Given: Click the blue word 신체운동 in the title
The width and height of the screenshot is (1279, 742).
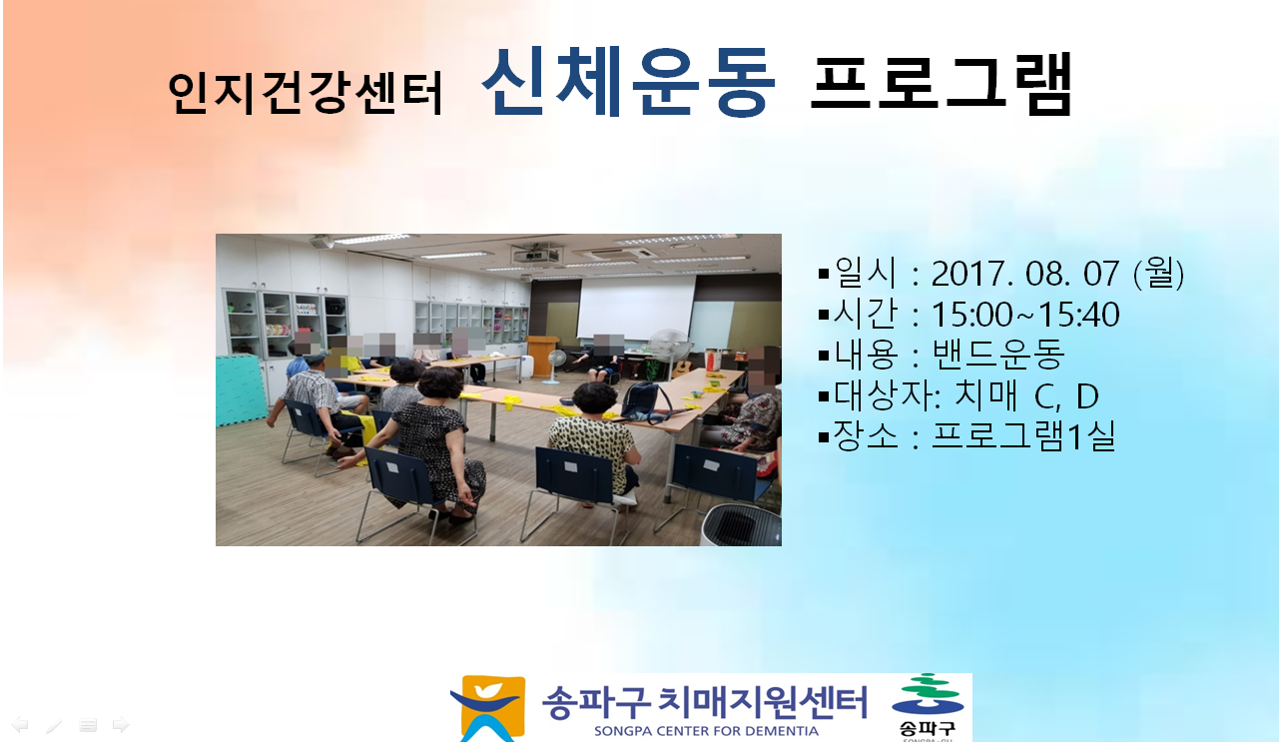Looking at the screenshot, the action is pos(629,82).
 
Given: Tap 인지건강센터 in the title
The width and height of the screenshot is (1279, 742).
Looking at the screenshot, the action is pos(305,93).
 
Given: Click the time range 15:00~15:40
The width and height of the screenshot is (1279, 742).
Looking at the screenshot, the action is pos(1025,315).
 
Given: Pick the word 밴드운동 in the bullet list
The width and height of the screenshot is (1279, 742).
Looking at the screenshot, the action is pos(998,355).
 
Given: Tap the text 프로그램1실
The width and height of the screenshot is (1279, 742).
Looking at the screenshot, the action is pos(1023,435).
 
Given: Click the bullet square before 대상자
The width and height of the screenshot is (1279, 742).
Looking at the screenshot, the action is pos(824,395).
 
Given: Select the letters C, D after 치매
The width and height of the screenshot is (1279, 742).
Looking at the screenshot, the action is pos(1066,395).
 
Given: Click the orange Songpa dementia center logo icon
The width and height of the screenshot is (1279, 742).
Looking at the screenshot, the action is pos(489,708).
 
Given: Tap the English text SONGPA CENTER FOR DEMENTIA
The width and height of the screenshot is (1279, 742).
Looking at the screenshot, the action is pos(706,731).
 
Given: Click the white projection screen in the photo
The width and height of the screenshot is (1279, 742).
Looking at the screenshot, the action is pos(637,307).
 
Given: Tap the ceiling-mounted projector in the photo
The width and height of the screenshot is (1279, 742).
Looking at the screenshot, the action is pos(536,255).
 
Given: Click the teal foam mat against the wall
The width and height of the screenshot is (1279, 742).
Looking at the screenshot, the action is pos(240,390).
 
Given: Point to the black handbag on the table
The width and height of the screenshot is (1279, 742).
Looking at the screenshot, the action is pos(646,402).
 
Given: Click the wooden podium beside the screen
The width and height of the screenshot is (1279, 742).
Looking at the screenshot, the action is pos(542,355).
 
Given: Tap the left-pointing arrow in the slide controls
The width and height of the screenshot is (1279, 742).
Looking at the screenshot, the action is pos(20,725).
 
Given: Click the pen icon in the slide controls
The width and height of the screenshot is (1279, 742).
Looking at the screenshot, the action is pos(54,725).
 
